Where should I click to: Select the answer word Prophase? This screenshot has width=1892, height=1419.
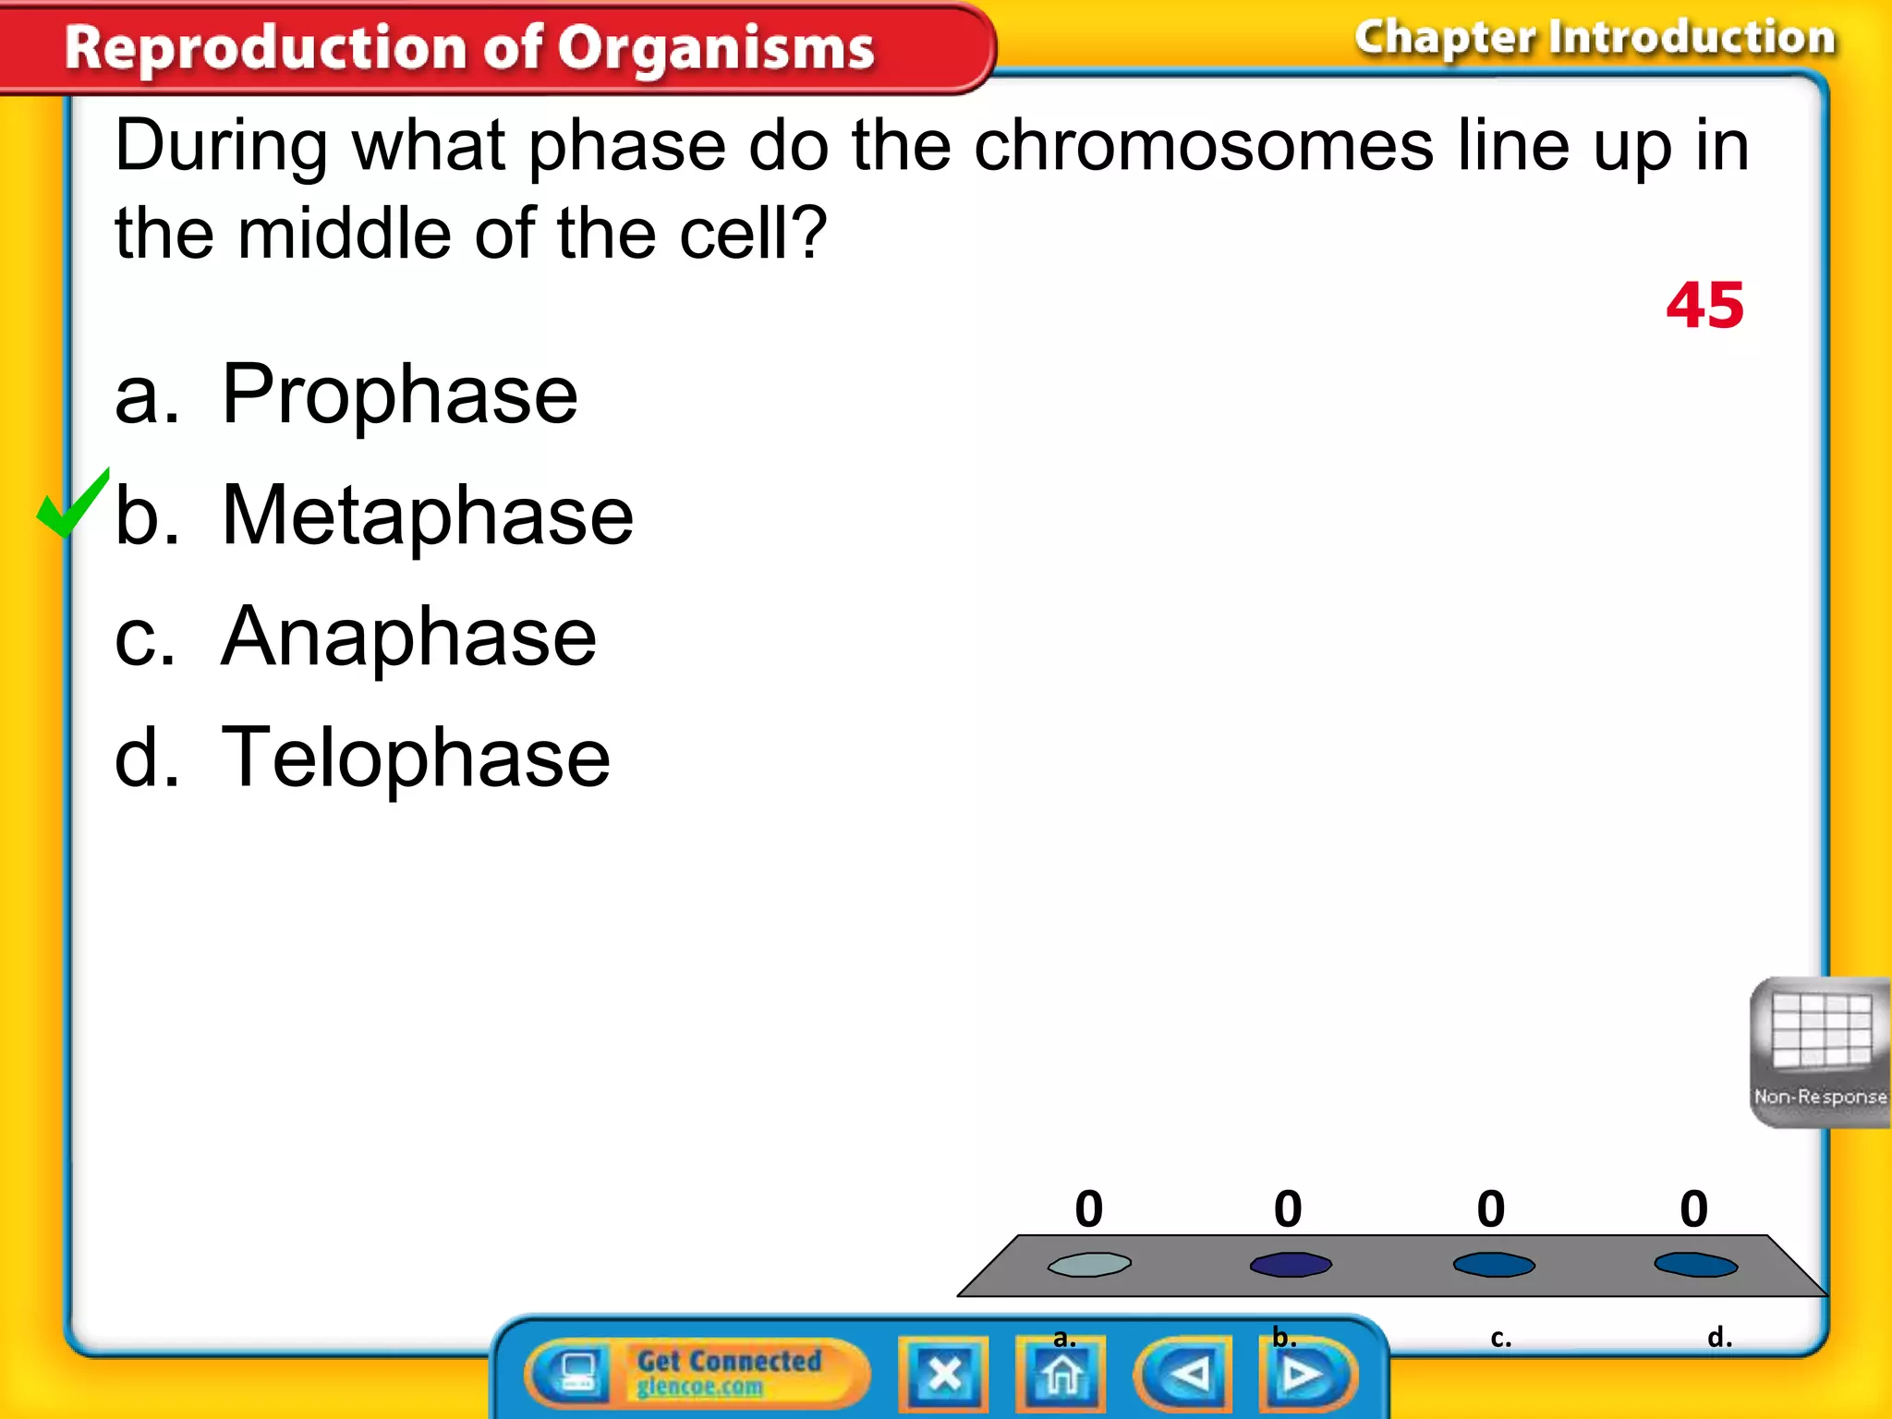[399, 395]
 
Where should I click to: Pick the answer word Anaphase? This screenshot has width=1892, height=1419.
[408, 637]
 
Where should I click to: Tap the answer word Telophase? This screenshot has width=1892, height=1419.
[416, 758]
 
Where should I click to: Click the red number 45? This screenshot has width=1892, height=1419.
[1704, 306]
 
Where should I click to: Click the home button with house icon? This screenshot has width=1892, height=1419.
[1061, 1374]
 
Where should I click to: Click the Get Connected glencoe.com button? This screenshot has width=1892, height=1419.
[728, 1373]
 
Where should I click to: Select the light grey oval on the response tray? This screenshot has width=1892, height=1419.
[1089, 1264]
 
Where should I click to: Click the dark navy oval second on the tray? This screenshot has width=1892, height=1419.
[1291, 1264]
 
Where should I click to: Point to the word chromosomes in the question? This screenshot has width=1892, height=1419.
[1203, 146]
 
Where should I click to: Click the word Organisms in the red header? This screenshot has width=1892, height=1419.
[715, 48]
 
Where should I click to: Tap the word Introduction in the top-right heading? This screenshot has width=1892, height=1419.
[1692, 39]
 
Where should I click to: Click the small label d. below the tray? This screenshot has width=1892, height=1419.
[1719, 1337]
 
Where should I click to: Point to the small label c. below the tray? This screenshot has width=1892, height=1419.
[1500, 1337]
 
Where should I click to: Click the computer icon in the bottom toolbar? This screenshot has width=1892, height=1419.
[577, 1373]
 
